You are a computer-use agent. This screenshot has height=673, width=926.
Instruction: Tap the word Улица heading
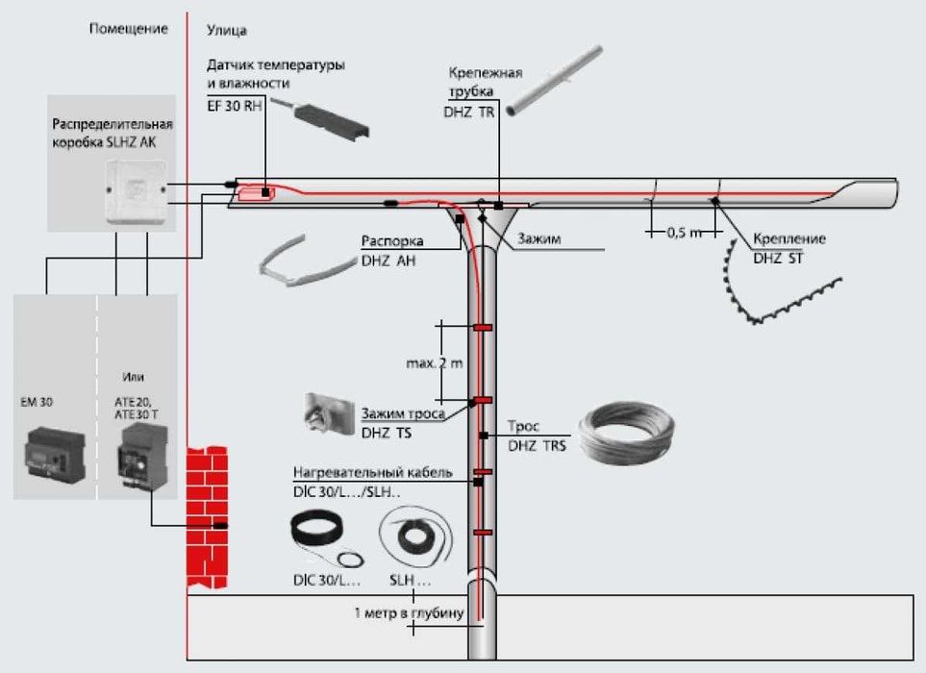227,31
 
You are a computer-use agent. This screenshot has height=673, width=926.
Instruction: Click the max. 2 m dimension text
434,363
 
